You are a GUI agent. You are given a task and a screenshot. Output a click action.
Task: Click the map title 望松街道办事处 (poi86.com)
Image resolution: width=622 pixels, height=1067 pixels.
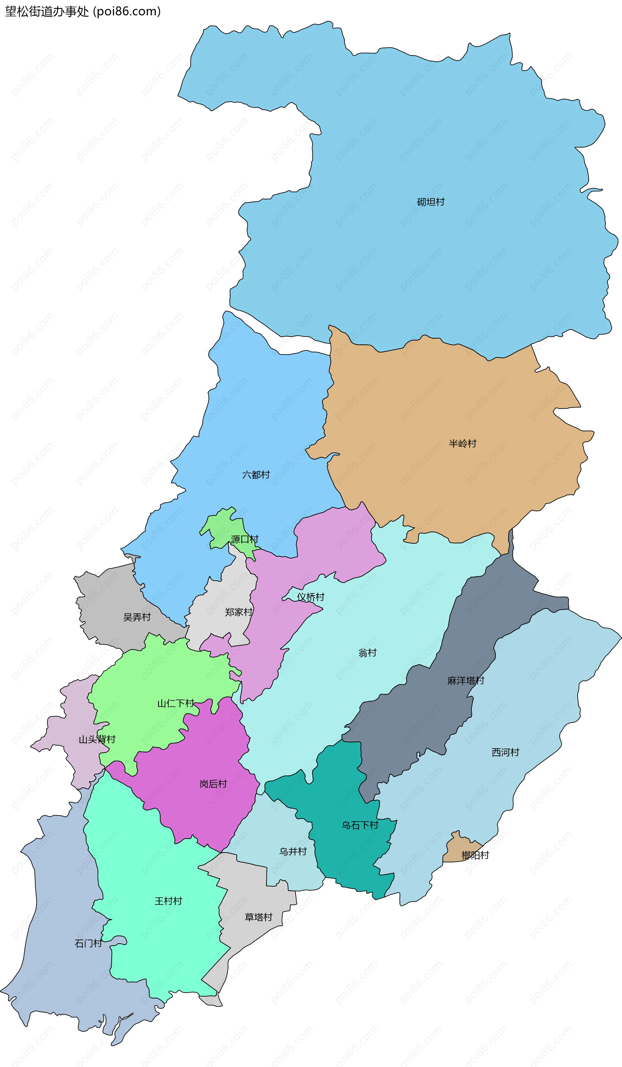pos(83,11)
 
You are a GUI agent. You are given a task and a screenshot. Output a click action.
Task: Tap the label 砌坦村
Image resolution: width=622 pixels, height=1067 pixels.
pos(431,202)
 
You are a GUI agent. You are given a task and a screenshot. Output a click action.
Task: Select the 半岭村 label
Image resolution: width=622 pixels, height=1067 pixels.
pos(463,443)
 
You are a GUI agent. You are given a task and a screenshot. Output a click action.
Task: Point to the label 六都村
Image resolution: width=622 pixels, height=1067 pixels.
pos(256,475)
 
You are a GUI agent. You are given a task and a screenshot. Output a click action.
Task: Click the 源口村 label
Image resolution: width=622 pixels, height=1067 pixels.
pos(244,539)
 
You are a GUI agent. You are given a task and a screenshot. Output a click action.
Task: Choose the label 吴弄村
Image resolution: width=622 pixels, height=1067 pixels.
pos(137,617)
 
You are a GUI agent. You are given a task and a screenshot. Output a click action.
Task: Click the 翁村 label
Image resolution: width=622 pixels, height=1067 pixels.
pos(367,652)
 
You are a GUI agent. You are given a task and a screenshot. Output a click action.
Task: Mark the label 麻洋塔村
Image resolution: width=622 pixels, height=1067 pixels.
pos(466,681)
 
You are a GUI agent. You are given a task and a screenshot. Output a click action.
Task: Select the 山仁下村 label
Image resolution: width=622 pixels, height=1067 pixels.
pos(176,703)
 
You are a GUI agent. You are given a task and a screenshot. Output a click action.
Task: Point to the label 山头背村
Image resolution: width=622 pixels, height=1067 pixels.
pos(97,739)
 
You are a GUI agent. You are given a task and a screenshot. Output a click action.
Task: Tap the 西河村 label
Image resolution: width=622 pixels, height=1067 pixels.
pos(505,752)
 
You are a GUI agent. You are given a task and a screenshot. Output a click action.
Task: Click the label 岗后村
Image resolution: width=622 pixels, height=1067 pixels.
pos(213,784)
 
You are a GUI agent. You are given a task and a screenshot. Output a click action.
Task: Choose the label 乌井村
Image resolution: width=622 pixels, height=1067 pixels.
pos(293,851)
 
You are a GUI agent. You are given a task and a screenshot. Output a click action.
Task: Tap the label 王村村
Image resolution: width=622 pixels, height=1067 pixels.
pos(168,901)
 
